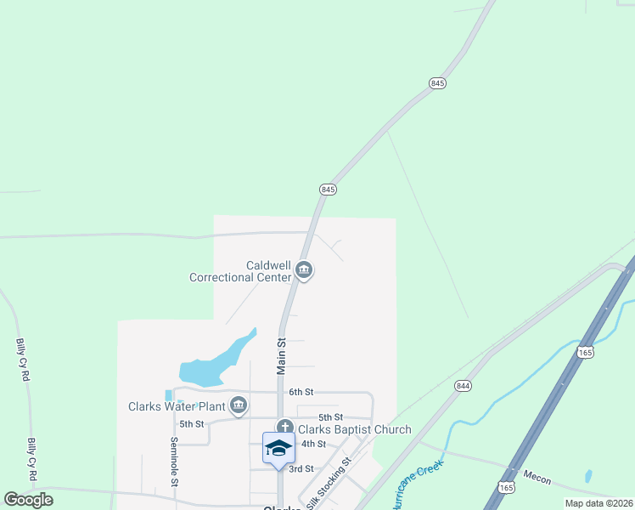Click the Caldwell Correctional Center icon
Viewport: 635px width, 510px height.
(305, 271)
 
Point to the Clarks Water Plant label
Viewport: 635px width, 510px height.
(176, 405)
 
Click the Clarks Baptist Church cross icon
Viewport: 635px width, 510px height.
(284, 429)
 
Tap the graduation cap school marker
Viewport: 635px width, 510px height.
(278, 448)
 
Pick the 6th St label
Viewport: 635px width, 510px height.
(301, 392)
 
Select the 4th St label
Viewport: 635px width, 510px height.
(314, 444)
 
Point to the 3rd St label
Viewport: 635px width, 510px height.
(301, 468)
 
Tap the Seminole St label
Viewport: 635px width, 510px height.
(173, 461)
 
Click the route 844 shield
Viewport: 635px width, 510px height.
(462, 385)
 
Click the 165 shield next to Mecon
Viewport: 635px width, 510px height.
(506, 487)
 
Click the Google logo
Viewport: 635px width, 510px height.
(29, 499)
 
